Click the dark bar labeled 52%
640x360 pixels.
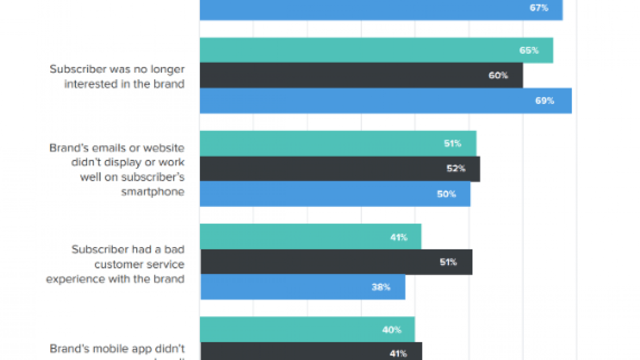pos(340,168)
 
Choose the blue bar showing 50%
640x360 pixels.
pos(335,194)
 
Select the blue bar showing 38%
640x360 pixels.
pos(302,287)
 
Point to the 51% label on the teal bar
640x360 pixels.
pos(452,144)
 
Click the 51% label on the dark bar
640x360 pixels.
pos(448,262)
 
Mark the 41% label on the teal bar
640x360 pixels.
pos(399,237)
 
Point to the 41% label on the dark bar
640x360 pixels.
pos(398,354)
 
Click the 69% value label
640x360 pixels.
pos(544,101)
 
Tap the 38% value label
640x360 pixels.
pos(381,287)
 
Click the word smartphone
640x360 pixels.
pos(153,192)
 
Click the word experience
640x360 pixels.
pos(70,279)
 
